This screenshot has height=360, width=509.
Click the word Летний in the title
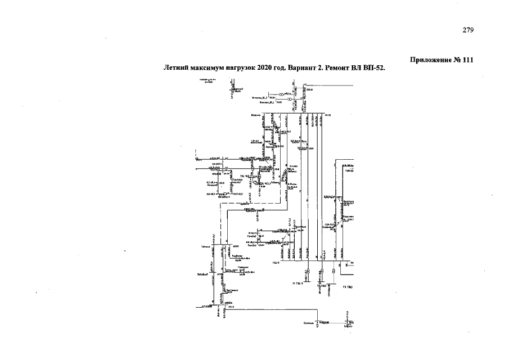pyautogui.click(x=175, y=68)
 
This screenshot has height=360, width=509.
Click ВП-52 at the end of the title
pyautogui.click(x=375, y=68)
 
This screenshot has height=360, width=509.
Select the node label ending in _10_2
pyautogui.click(x=259, y=97)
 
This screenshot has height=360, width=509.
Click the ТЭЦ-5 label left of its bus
pyautogui.click(x=273, y=262)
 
